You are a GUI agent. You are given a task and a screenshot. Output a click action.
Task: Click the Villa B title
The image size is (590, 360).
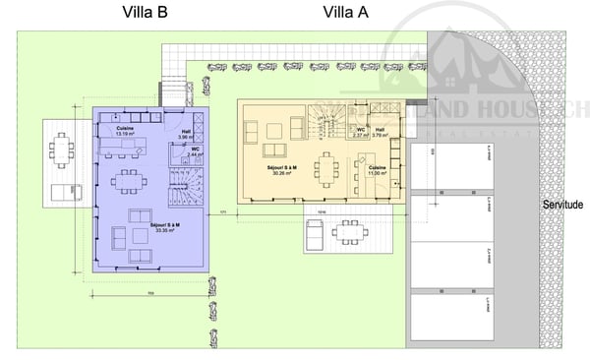[x=145, y=13]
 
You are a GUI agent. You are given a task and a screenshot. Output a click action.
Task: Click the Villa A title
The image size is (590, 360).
[x=346, y=13]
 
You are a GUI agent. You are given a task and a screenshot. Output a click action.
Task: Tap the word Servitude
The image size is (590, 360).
[x=561, y=206]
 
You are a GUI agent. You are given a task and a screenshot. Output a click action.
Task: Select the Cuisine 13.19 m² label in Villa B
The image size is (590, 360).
[x=125, y=132]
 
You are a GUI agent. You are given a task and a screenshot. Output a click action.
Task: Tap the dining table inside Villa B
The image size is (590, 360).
[x=126, y=182]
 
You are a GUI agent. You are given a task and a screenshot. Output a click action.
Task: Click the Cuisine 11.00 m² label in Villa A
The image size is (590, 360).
[x=378, y=171]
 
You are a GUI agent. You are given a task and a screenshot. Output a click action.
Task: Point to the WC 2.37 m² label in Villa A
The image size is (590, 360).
[x=362, y=132]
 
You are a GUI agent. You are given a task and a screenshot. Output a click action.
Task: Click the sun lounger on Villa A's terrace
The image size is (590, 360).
[x=314, y=234]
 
